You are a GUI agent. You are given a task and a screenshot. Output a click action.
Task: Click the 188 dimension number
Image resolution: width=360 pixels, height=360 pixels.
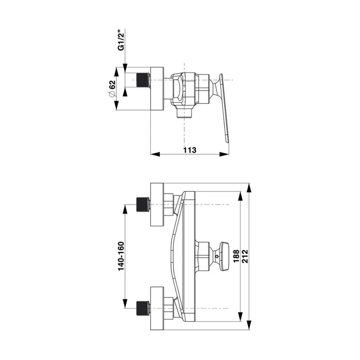click(x=236, y=256)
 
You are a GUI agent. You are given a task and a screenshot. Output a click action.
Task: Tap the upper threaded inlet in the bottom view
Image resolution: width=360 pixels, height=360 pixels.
click(x=143, y=205)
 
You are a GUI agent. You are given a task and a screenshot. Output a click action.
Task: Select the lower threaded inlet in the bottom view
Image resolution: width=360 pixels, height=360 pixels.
click(x=143, y=308)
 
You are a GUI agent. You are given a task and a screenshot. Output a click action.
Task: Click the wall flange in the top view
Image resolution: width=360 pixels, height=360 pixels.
click(x=157, y=88)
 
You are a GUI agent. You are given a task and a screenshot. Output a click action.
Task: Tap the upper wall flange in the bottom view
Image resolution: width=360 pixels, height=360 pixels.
click(x=156, y=205)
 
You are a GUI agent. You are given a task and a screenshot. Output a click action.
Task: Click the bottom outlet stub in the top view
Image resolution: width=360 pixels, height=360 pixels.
click(x=184, y=113)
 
